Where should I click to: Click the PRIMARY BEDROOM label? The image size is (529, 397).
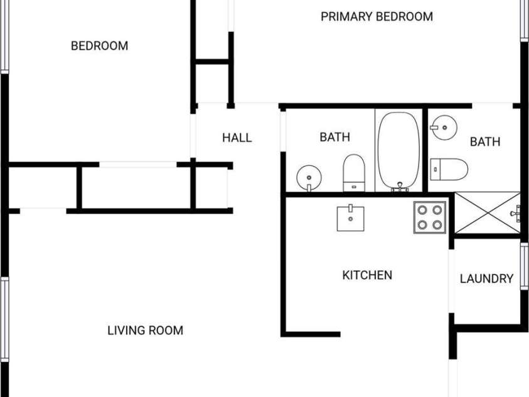coord(377,16)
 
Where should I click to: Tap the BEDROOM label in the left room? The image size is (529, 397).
coord(100,46)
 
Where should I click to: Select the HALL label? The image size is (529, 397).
coord(237,138)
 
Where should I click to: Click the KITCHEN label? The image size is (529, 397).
coord(367,275)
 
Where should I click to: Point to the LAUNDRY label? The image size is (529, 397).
coord(486,278)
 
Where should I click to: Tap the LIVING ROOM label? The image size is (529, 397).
coord(146,330)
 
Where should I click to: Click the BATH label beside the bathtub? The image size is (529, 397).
coord(334,137)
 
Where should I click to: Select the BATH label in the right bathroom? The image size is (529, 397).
coord(485,141)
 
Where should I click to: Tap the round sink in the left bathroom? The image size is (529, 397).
coord(309,178)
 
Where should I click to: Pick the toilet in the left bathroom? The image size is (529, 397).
coord(354,173)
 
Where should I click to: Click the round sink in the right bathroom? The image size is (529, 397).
coord(444,128)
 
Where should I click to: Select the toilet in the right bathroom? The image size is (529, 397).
coord(449,169)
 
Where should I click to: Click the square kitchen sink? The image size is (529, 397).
coord(351,218)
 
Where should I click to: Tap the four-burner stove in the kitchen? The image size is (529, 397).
coord(430,217)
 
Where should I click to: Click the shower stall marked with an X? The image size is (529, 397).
coord(488,213)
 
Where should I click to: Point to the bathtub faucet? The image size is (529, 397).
coord(400,187)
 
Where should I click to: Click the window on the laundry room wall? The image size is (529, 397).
coord(524,266)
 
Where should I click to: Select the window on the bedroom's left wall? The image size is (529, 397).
coord(5,36)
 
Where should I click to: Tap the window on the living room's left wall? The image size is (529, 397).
coord(5,319)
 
